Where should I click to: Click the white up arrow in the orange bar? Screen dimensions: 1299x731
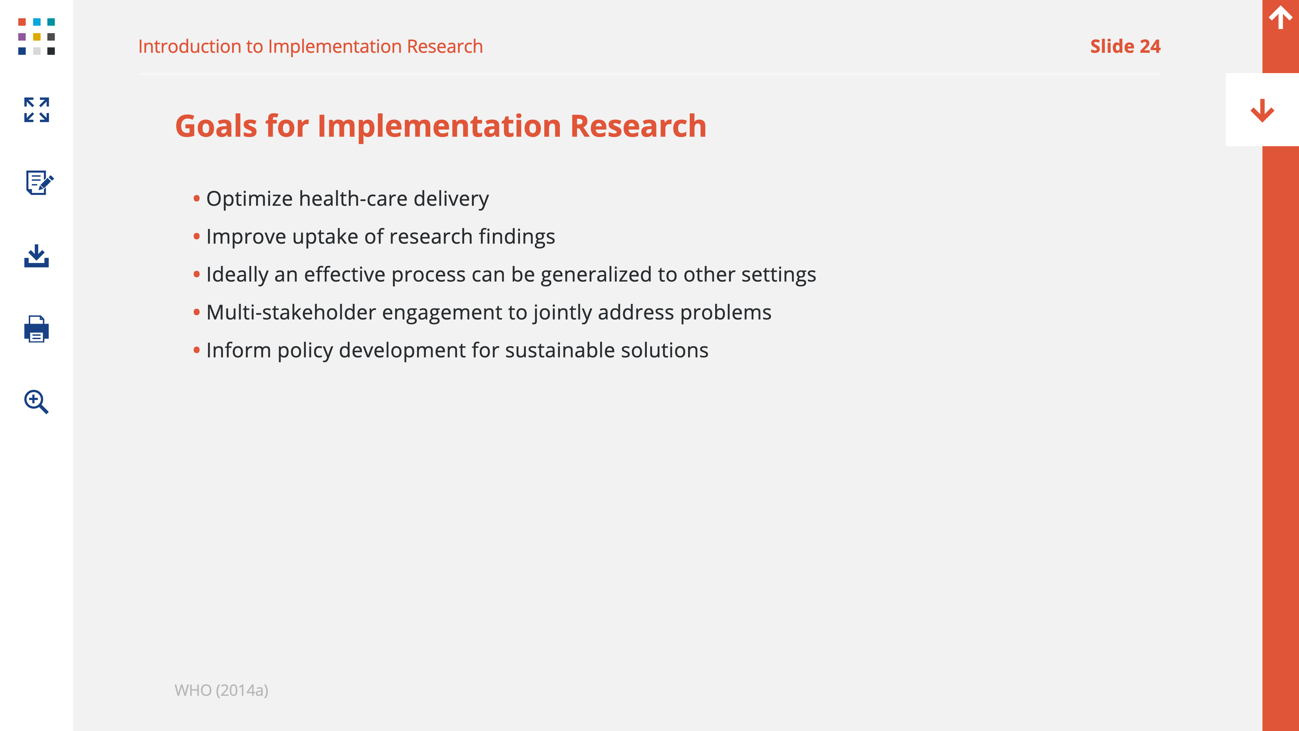click(1280, 17)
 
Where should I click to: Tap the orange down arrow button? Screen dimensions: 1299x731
click(1262, 110)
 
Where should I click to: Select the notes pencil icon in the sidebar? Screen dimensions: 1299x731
click(39, 182)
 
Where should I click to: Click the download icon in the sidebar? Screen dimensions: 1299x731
click(36, 256)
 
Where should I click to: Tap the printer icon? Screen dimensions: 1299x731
click(36, 329)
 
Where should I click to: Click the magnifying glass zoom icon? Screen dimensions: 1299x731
click(36, 402)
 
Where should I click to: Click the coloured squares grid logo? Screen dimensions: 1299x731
click(36, 36)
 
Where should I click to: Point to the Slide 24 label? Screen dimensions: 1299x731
click(1125, 46)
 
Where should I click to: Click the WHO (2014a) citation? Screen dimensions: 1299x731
click(221, 690)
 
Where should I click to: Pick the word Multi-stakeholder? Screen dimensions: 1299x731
click(291, 312)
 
